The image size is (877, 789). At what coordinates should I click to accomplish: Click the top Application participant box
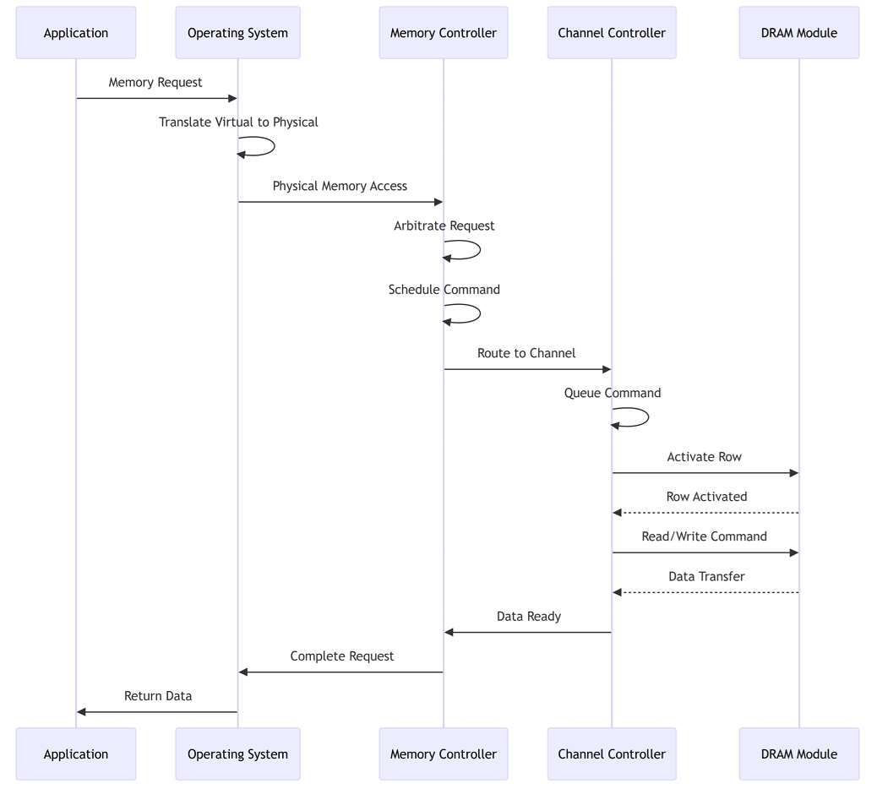pyautogui.click(x=76, y=32)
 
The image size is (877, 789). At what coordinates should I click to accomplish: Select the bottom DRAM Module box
pyautogui.click(x=798, y=754)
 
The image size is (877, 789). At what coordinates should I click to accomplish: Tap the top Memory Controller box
pyautogui.click(x=444, y=32)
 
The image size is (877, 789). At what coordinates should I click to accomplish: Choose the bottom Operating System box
pyautogui.click(x=237, y=754)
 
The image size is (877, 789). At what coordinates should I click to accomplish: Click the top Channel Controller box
pyautogui.click(x=612, y=32)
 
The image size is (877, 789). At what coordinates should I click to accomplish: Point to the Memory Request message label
pyautogui.click(x=155, y=82)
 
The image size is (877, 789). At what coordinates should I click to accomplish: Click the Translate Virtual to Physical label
pyautogui.click(x=238, y=122)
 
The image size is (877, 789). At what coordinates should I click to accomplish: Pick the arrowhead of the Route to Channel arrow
pyautogui.click(x=607, y=369)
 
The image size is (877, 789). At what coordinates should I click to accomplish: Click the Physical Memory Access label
pyautogui.click(x=340, y=186)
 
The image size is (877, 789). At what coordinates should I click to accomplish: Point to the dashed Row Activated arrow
pyautogui.click(x=705, y=513)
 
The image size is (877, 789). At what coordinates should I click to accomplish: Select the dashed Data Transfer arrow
pyautogui.click(x=705, y=592)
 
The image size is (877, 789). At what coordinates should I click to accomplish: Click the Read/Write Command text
pyautogui.click(x=704, y=536)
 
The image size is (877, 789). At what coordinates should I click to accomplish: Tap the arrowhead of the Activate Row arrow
pyautogui.click(x=794, y=473)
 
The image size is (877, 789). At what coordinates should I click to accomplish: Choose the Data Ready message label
pyautogui.click(x=529, y=616)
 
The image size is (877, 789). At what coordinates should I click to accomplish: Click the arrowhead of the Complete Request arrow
pyautogui.click(x=243, y=672)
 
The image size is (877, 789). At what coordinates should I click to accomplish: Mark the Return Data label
pyautogui.click(x=158, y=695)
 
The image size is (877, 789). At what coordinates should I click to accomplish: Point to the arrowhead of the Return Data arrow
pyautogui.click(x=82, y=712)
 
